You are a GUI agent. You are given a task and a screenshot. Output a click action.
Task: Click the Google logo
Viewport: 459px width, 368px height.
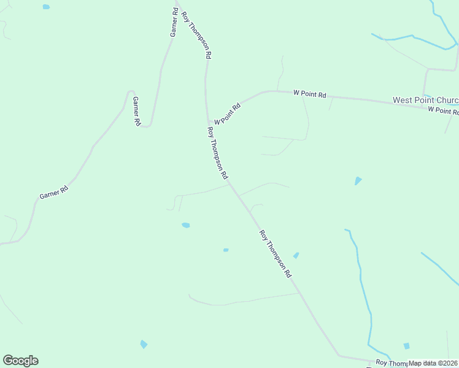point(20,361)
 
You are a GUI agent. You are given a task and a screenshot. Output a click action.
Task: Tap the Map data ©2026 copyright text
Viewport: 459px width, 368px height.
point(433,363)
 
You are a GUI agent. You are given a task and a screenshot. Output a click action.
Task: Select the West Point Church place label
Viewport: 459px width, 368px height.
point(425,100)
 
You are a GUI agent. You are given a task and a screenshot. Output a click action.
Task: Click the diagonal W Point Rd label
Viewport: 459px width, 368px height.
point(228,113)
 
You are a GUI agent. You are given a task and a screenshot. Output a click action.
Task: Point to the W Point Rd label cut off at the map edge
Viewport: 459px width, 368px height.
point(443,110)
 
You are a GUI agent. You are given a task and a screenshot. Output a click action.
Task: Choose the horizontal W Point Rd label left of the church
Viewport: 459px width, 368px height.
point(310,94)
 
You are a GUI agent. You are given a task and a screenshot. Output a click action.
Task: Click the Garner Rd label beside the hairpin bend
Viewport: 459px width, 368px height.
point(137,111)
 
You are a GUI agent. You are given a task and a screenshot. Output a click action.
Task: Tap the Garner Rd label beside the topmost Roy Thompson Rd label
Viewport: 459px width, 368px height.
point(174,22)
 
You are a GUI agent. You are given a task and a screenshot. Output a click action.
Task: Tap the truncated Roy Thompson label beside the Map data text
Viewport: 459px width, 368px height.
point(391,363)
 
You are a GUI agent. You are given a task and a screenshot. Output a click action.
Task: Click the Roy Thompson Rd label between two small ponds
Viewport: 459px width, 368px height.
point(275,255)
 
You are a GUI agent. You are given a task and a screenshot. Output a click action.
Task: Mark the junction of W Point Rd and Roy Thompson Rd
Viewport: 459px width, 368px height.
point(209,123)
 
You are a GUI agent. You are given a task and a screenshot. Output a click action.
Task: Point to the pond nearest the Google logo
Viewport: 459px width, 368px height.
point(144,344)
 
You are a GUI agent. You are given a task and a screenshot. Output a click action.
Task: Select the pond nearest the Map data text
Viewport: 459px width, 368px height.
point(406,346)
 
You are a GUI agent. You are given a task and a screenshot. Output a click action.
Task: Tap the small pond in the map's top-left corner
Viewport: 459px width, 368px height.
point(46,7)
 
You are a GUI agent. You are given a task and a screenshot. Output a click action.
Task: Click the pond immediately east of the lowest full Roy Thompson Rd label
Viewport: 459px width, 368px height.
point(296,255)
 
